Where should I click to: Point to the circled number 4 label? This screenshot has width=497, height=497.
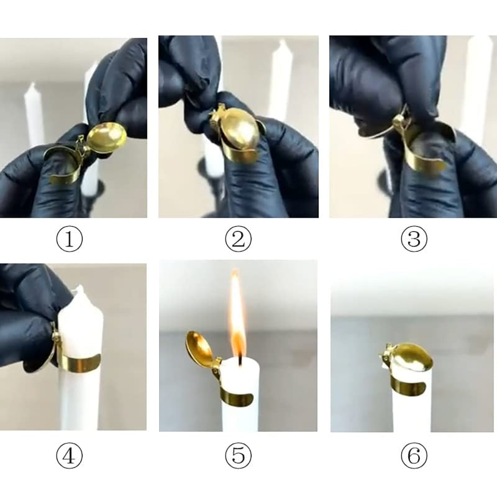point(70,457)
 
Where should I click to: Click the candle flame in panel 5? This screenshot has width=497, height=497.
point(236,317)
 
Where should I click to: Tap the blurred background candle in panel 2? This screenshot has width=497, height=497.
point(280,81)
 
